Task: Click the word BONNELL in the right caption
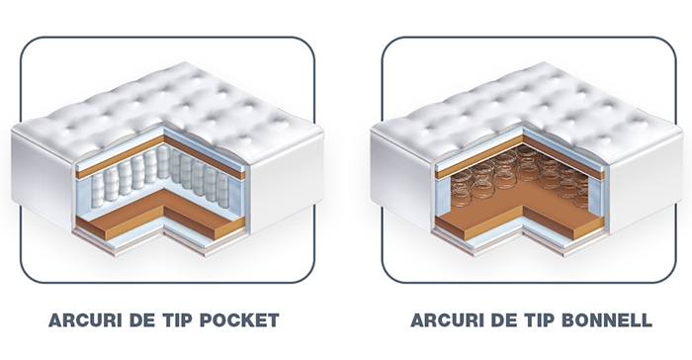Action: click(607, 320)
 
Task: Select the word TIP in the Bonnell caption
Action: click(540, 320)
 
